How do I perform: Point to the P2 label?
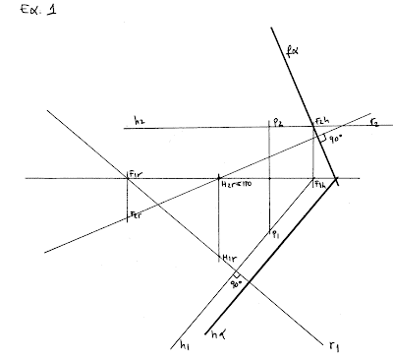click(x=278, y=122)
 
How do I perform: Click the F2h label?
click(x=321, y=122)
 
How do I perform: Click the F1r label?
click(x=136, y=174)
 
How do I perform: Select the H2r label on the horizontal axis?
click(x=237, y=184)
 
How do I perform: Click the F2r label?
click(x=136, y=214)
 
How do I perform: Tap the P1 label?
click(x=277, y=235)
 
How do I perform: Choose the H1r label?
click(x=228, y=258)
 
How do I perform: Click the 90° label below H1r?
click(x=235, y=284)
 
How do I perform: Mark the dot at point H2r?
click(x=219, y=178)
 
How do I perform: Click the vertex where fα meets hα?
click(x=337, y=179)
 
